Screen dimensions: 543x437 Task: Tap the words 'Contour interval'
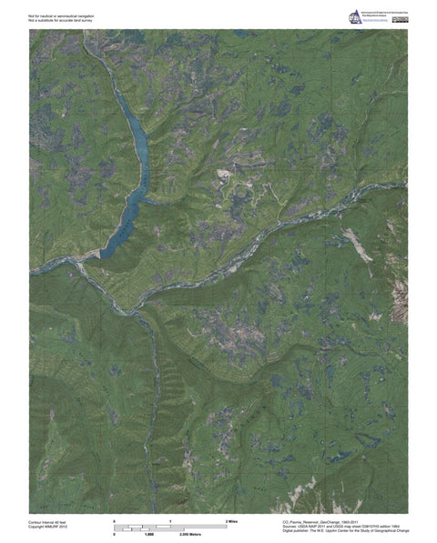click(x=42, y=520)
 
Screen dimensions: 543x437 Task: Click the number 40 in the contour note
click(x=62, y=520)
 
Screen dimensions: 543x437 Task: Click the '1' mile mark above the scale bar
click(x=170, y=519)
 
